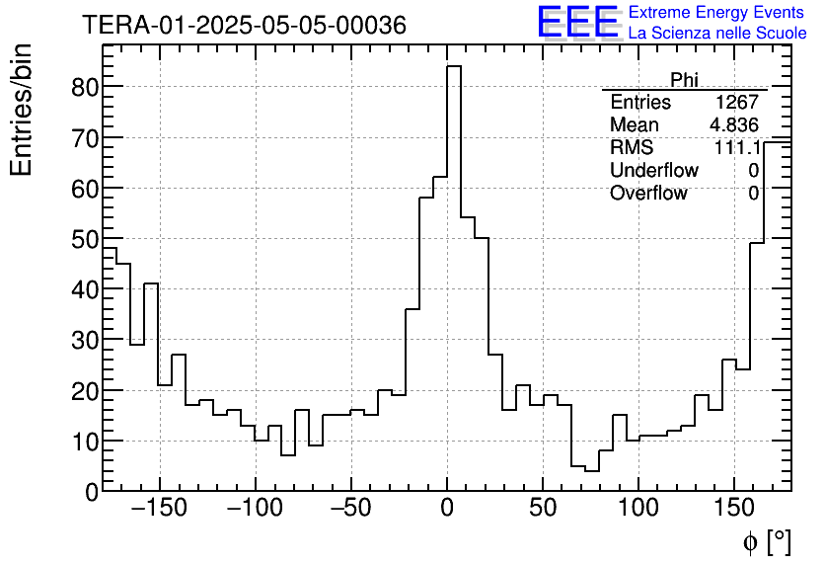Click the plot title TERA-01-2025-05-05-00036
point(244,26)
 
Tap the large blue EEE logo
point(577,23)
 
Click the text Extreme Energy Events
point(717,13)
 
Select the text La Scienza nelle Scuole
point(717,34)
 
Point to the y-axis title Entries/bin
point(22,111)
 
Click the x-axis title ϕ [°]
point(766,541)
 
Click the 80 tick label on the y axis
point(86,87)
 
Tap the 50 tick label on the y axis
point(86,239)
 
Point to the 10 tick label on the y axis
point(86,441)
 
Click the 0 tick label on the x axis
point(447,510)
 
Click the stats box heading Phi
point(684,80)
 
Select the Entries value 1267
point(737,103)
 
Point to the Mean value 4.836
point(733,125)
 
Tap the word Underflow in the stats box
point(653,171)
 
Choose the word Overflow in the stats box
point(648,194)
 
